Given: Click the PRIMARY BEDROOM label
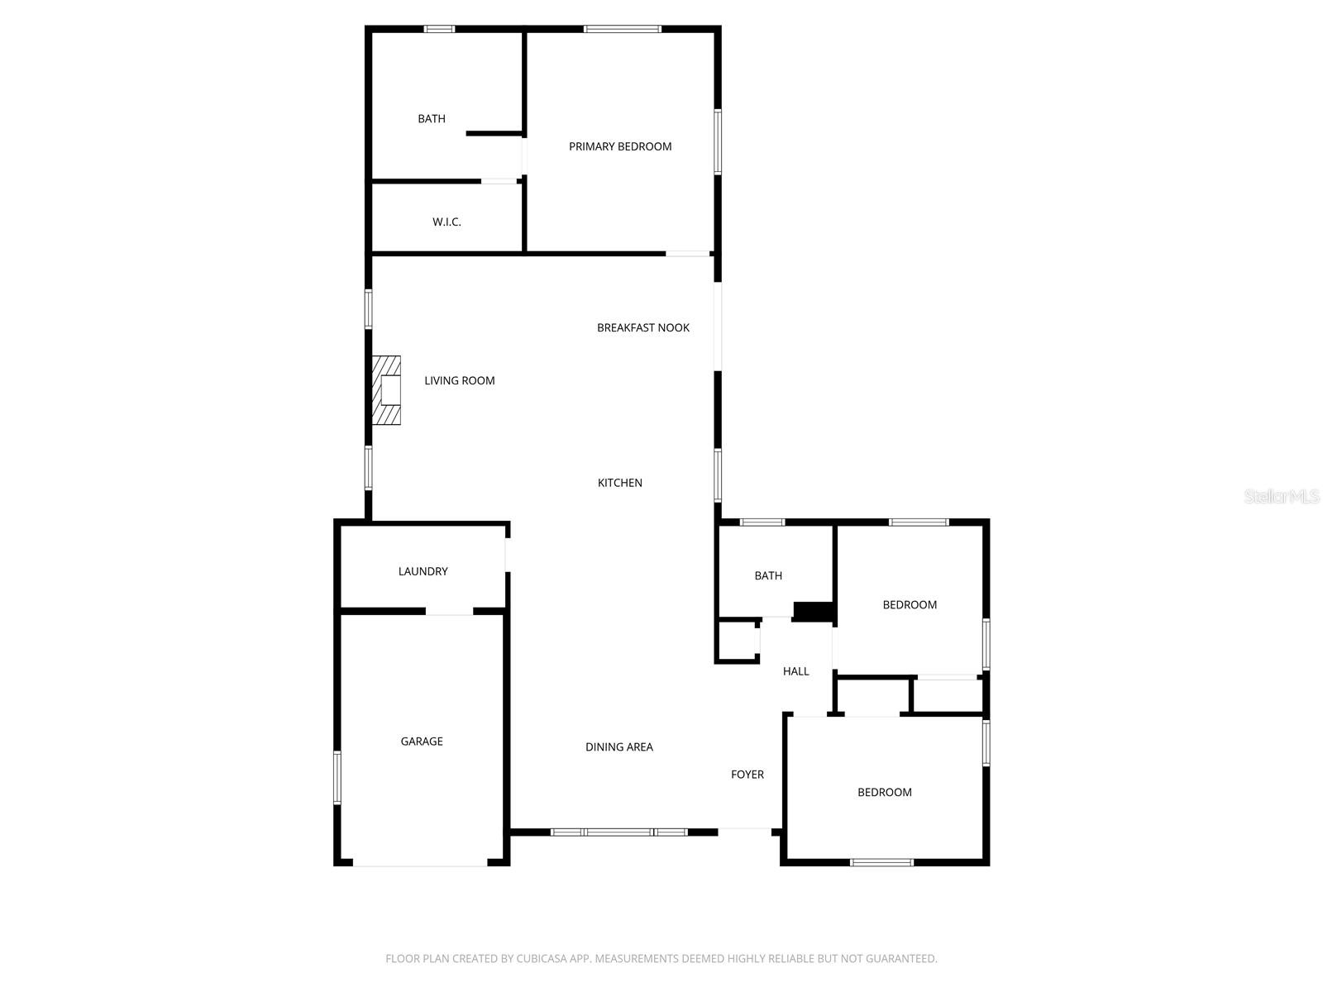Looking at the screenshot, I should (620, 146).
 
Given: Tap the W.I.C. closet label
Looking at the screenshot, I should (447, 222).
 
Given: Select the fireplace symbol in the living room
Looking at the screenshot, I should (387, 390).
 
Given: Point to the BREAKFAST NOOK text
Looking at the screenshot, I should (643, 327).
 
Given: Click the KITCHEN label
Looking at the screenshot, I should (620, 483).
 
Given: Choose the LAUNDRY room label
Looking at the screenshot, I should (423, 571).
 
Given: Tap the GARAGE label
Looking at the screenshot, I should (422, 742).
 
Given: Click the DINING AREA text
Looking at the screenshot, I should (619, 746).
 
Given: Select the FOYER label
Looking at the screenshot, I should (747, 775).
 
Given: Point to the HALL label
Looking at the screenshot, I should (796, 671).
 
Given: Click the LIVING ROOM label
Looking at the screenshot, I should (460, 380).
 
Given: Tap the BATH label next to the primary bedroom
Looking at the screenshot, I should (432, 119).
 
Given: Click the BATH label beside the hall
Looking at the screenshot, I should (768, 575).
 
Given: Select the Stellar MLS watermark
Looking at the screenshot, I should (1282, 497).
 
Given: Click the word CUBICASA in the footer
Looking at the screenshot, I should (542, 959).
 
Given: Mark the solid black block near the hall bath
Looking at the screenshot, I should (813, 611).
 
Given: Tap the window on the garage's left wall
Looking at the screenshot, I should (337, 776).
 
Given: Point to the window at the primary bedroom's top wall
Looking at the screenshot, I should (622, 30).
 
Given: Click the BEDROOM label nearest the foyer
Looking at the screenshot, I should (885, 792).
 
